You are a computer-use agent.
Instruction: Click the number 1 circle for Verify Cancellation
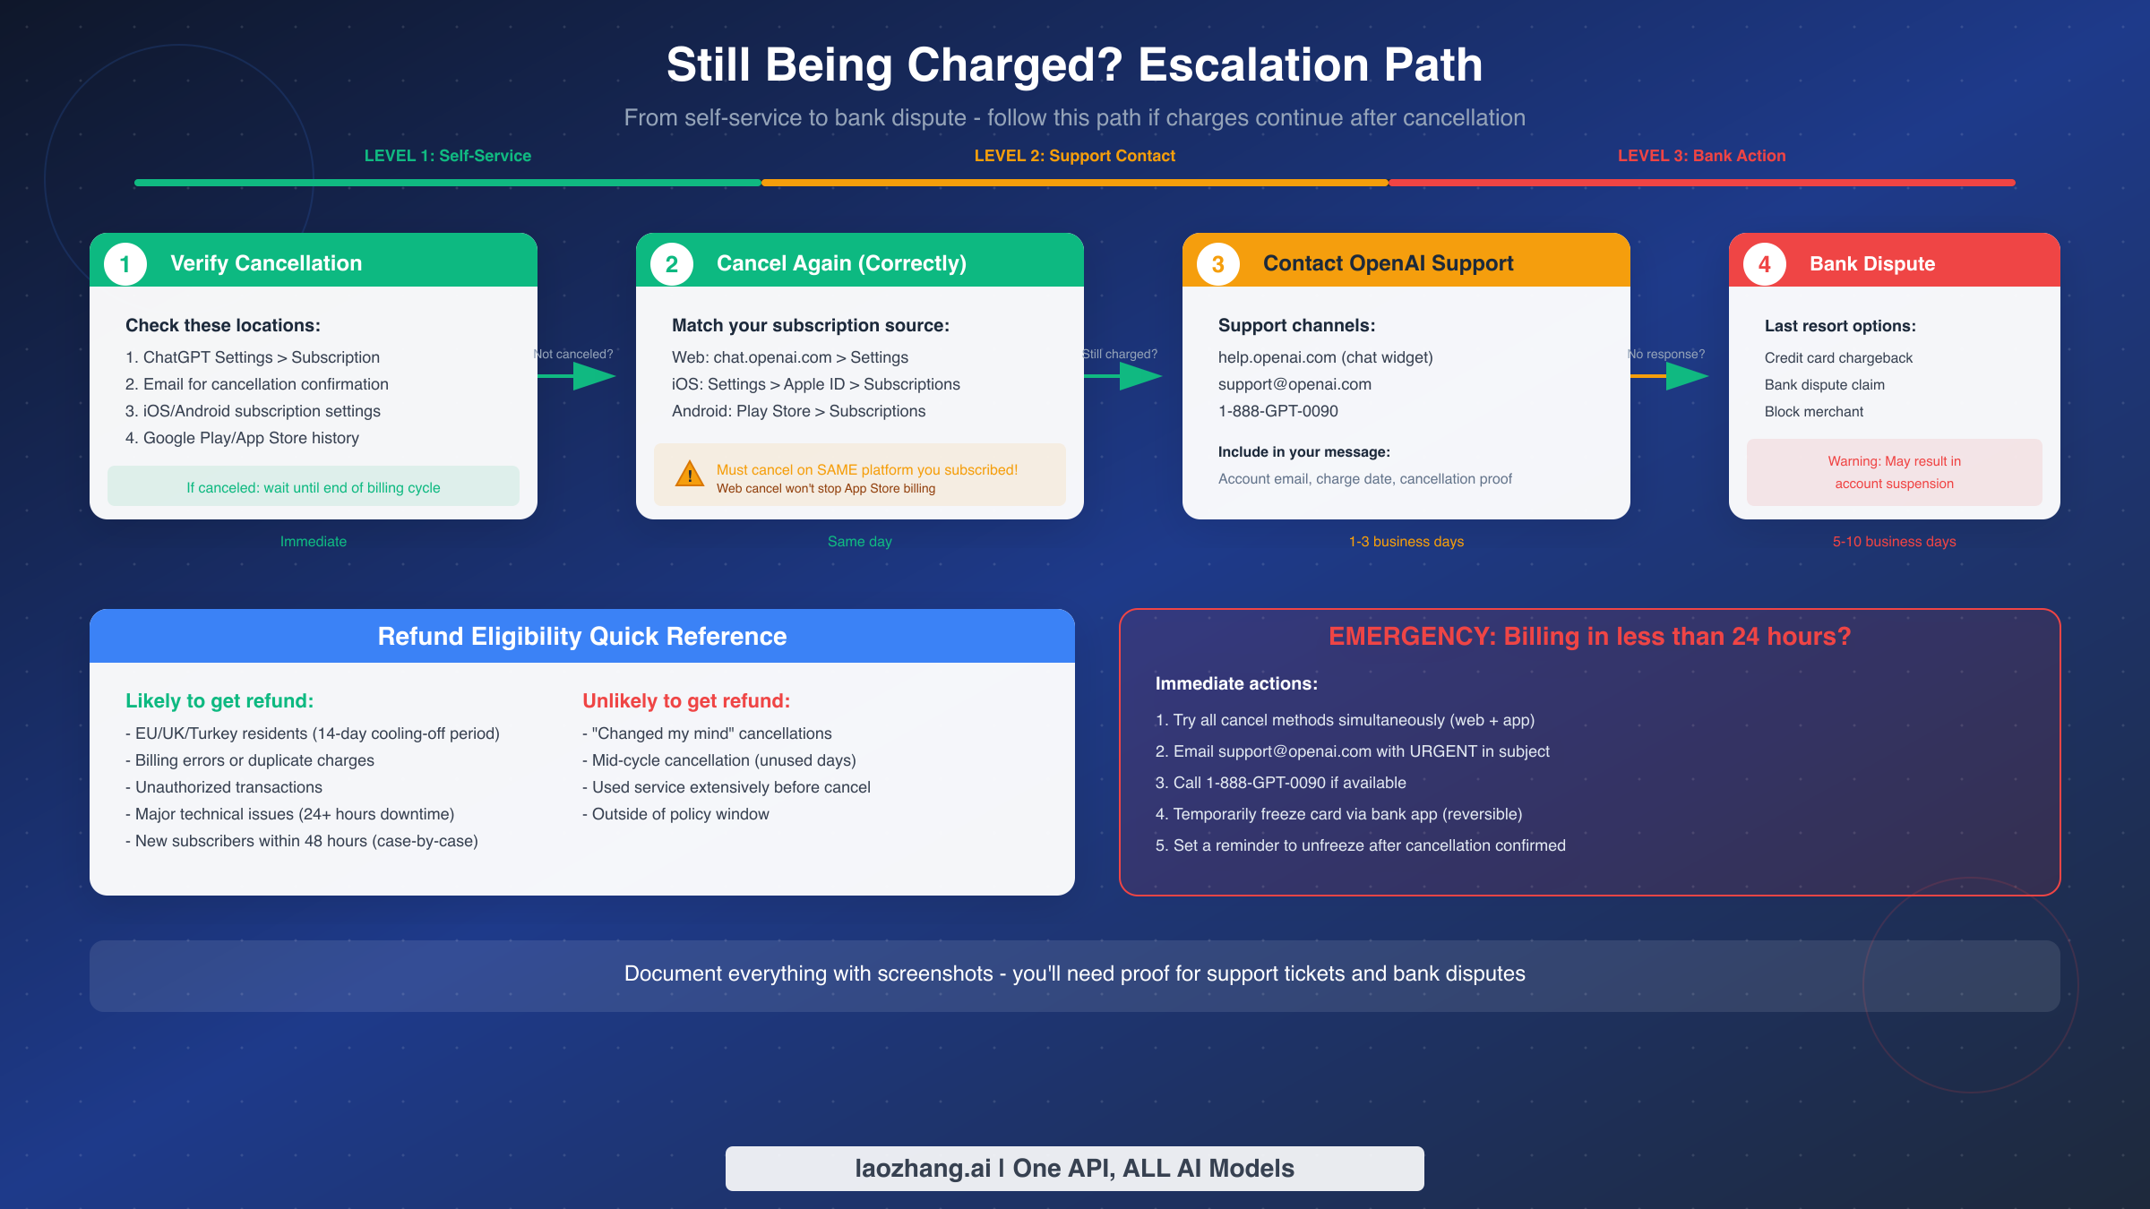click(x=125, y=264)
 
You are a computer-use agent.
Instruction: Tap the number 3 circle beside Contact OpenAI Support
click(x=1217, y=264)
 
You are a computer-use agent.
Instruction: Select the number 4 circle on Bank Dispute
click(x=1764, y=264)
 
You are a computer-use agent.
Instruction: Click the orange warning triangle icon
click(x=690, y=474)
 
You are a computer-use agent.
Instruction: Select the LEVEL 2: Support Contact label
click(x=1074, y=156)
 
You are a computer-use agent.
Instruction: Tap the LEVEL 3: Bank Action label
click(x=1701, y=156)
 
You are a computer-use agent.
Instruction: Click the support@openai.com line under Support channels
click(x=1294, y=384)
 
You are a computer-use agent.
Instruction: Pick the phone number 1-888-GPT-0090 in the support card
click(x=1277, y=411)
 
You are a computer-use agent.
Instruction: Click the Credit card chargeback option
click(x=1838, y=358)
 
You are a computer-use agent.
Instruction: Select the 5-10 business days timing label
click(x=1894, y=542)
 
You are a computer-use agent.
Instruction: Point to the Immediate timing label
click(x=313, y=542)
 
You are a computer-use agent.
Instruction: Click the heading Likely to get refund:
click(x=219, y=701)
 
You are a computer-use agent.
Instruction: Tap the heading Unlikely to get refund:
click(x=686, y=701)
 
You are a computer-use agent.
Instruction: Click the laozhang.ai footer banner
click(x=1074, y=1168)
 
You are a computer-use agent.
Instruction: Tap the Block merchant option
click(x=1813, y=412)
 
